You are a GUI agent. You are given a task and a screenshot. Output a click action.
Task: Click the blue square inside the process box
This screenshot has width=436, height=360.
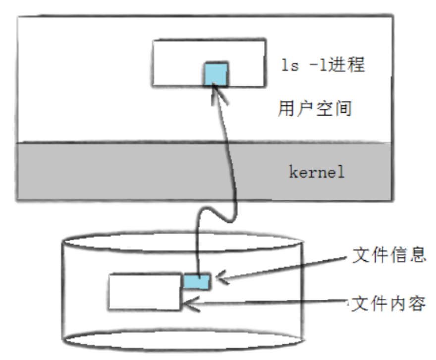[216, 74]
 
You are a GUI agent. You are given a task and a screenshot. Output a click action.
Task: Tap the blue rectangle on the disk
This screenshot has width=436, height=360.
[198, 281]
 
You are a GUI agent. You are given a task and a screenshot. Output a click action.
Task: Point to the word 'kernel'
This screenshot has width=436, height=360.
[316, 173]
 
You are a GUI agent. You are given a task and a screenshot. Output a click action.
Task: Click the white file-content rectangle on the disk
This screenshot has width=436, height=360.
[145, 292]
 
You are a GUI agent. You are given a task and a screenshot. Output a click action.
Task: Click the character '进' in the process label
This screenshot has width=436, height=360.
[337, 65]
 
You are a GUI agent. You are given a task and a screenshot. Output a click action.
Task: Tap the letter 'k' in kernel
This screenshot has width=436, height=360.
[292, 173]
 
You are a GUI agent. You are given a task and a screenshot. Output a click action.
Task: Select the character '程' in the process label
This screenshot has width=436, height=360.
[355, 65]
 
